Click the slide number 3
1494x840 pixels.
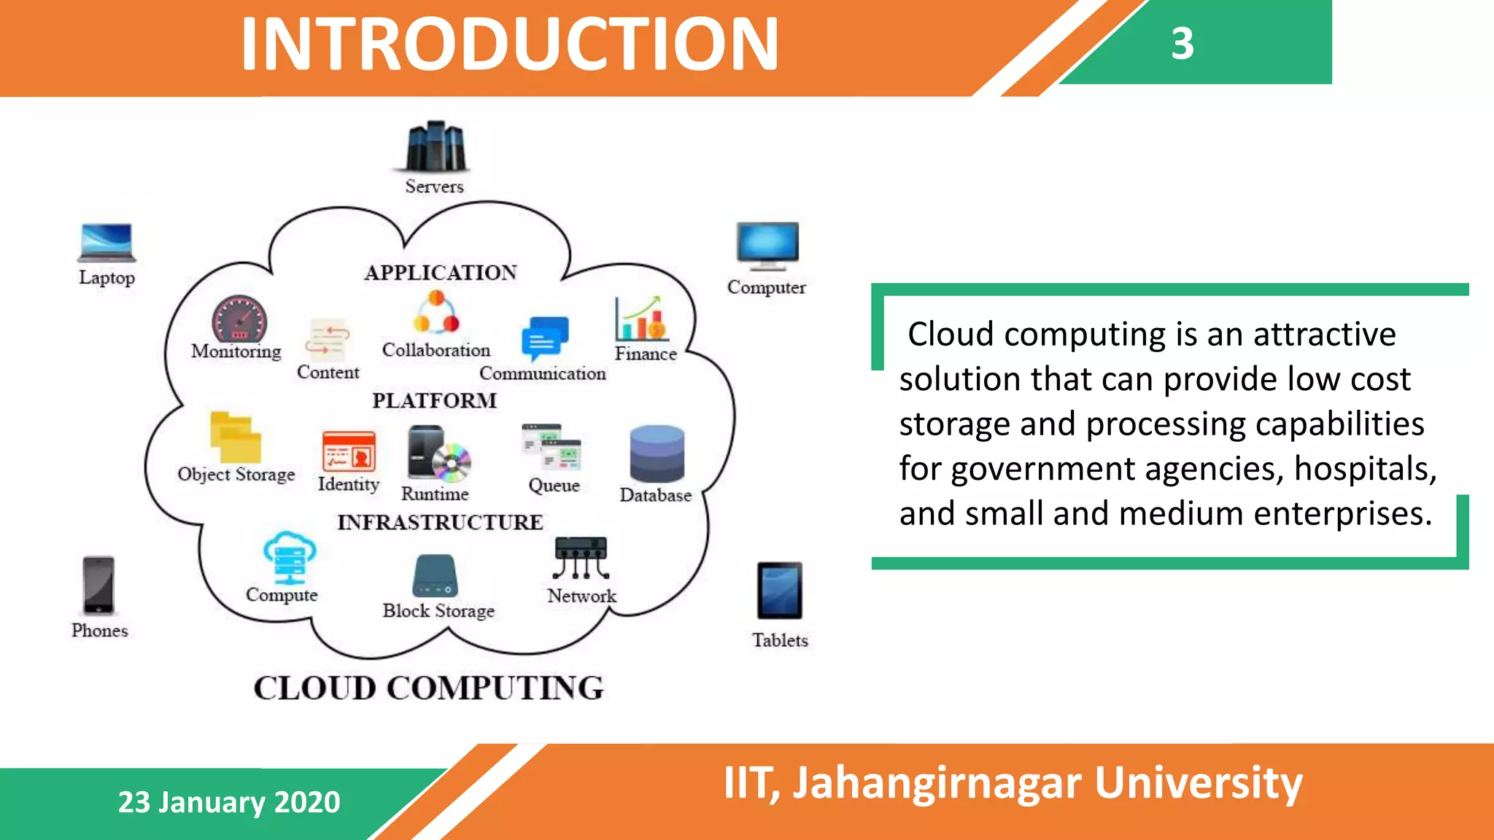click(x=1183, y=44)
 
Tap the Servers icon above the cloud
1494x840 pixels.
click(x=436, y=146)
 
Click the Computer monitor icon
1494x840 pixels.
click(x=767, y=246)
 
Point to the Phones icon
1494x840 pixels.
click(x=98, y=586)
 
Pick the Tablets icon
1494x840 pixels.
click(x=779, y=591)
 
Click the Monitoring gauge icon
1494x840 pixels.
click(x=239, y=319)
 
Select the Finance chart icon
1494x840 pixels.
click(x=640, y=319)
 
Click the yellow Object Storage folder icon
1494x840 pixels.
click(x=235, y=437)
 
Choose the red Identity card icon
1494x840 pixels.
click(x=349, y=451)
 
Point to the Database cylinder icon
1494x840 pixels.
click(x=657, y=454)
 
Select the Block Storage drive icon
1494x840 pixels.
click(x=436, y=576)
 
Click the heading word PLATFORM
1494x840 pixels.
click(x=435, y=400)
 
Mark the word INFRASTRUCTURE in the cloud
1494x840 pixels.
click(x=440, y=522)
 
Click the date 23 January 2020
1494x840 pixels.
click(x=229, y=802)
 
